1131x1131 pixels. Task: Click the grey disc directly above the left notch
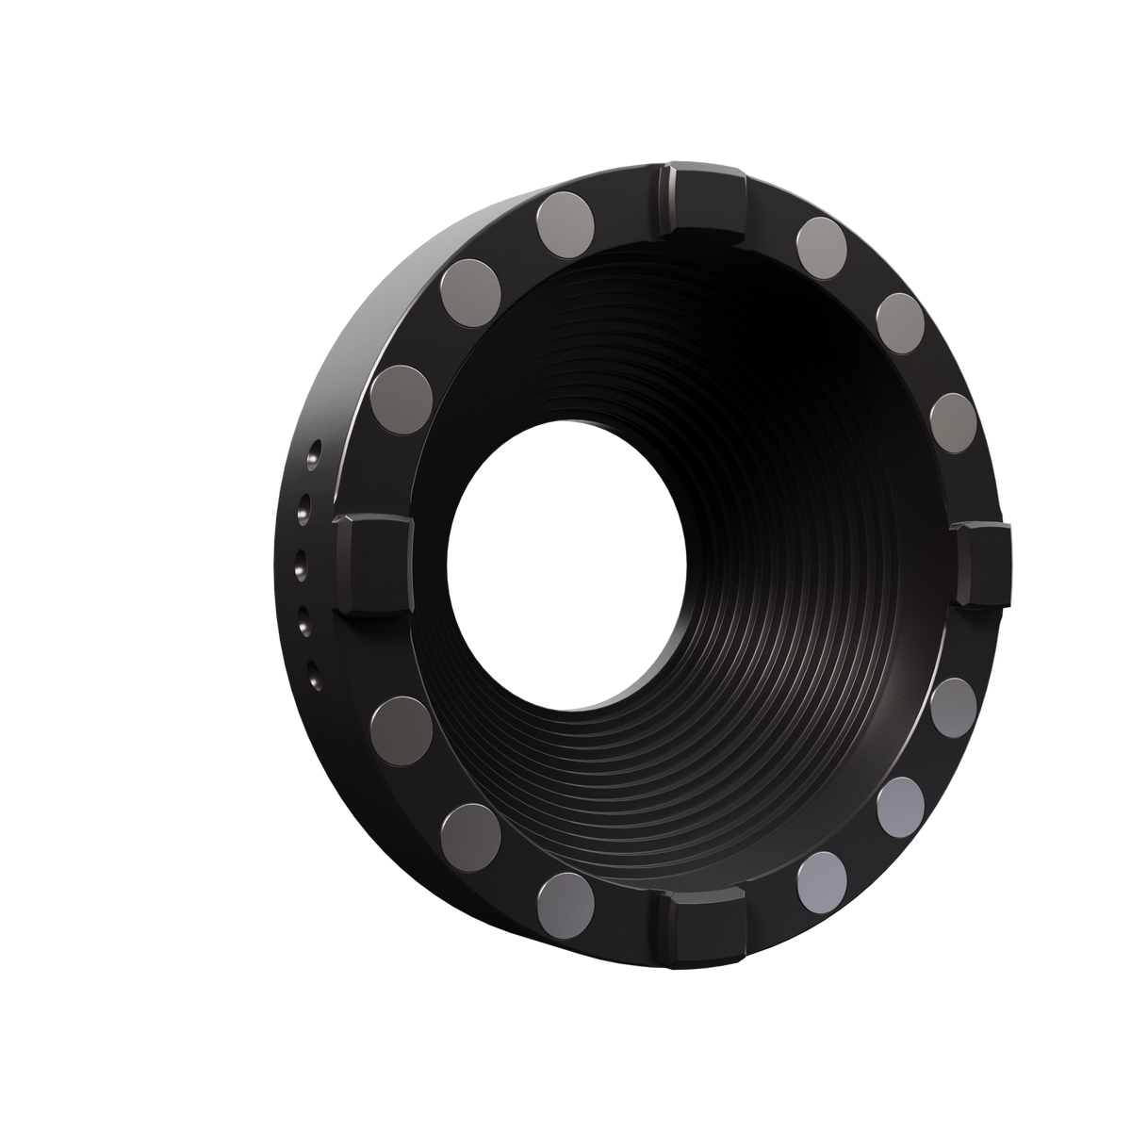(402, 397)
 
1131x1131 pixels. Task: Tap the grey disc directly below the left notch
(402, 729)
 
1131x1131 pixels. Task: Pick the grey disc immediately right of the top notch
(822, 247)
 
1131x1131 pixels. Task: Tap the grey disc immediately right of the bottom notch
(822, 880)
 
